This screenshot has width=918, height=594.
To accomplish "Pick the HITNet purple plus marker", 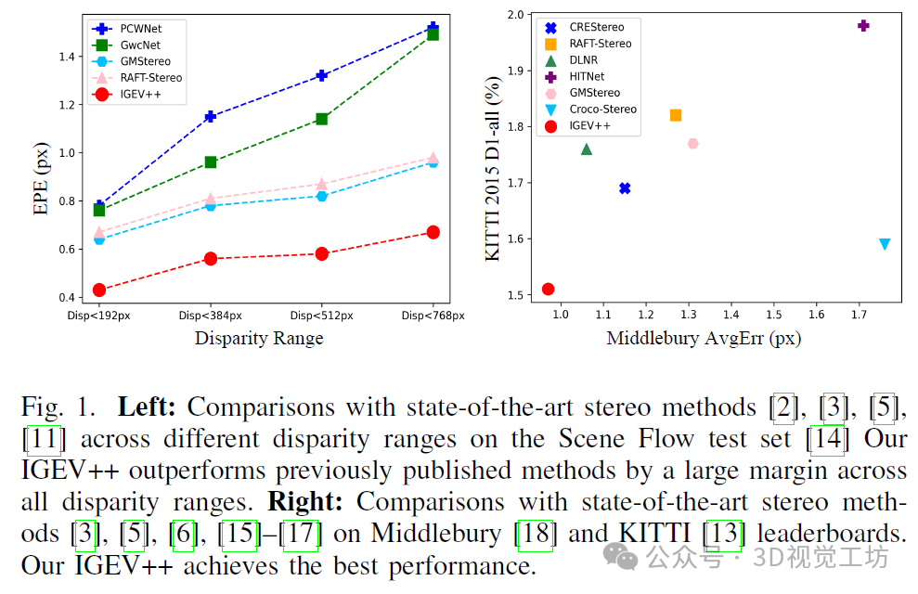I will point(863,25).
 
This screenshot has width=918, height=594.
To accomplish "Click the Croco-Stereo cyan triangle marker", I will point(885,244).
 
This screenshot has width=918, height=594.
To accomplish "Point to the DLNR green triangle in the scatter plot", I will point(587,149).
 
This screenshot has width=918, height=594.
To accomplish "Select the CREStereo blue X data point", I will point(625,188).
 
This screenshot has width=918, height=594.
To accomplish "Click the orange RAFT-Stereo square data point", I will point(676,115).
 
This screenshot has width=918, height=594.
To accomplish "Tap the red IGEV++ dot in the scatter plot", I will point(548,289).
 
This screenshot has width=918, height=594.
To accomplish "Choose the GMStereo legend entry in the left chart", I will point(147,61).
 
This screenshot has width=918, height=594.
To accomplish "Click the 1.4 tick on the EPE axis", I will point(68,58).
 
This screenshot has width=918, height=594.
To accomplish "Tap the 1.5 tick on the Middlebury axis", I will point(773,316).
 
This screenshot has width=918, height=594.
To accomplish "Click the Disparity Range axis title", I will point(259,339).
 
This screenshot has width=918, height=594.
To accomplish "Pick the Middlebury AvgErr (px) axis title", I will point(704,339).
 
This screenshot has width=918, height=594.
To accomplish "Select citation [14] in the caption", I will point(826,439).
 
